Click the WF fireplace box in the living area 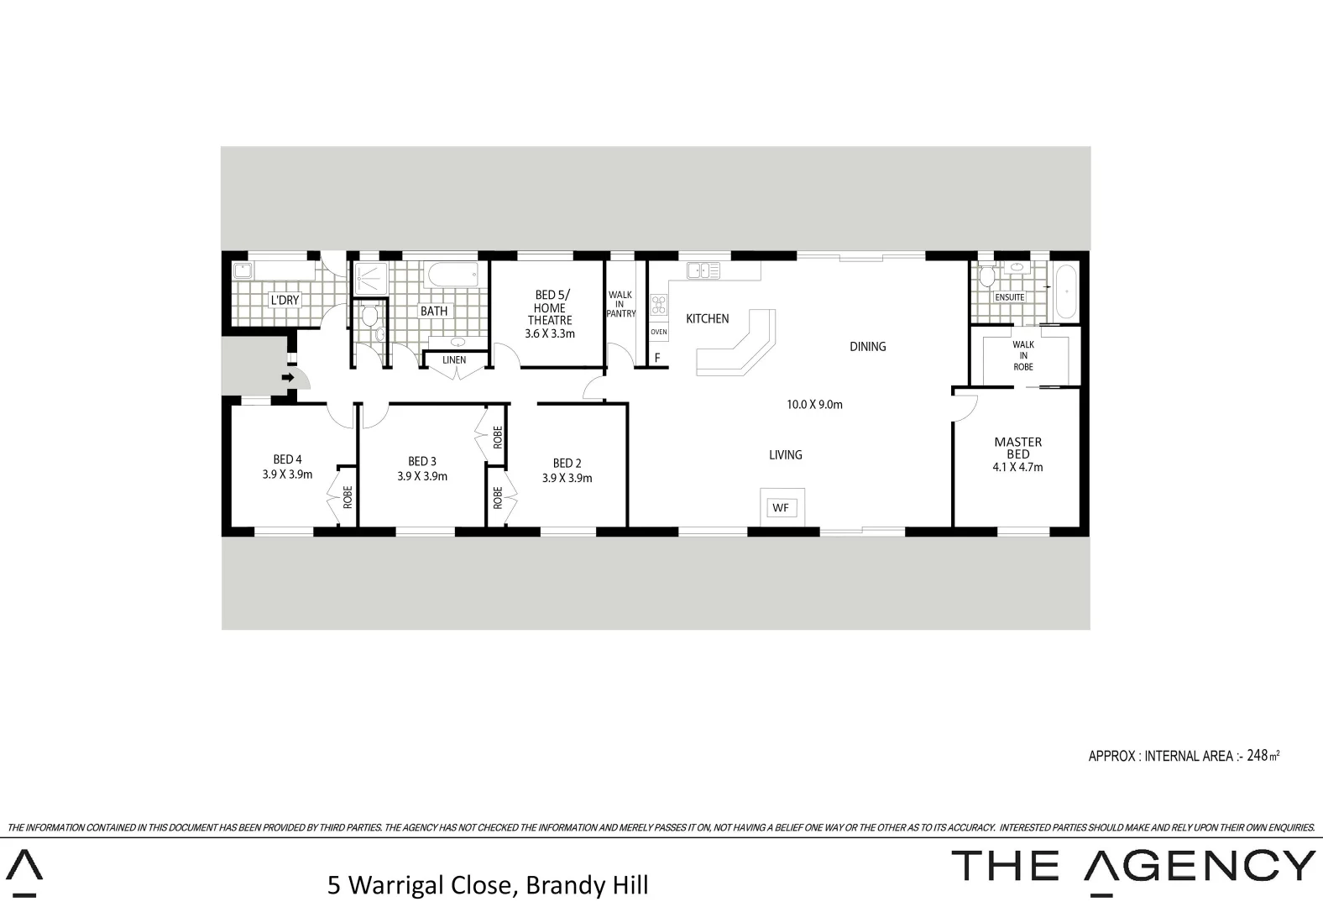click(x=781, y=508)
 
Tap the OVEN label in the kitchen click(x=659, y=332)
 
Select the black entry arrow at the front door click(x=287, y=378)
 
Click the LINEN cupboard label click(x=454, y=360)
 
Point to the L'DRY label click(x=284, y=300)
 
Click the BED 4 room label click(x=287, y=459)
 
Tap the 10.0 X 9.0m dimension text click(x=813, y=405)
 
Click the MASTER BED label click(x=1017, y=448)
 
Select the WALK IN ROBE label click(x=1022, y=355)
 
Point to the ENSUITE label click(x=1009, y=297)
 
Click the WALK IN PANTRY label click(x=620, y=304)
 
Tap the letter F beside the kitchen click(x=657, y=358)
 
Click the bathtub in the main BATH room click(x=453, y=274)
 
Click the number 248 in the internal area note click(x=1257, y=755)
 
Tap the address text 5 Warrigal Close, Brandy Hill click(x=488, y=885)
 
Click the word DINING click(x=867, y=346)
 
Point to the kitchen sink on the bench click(x=703, y=270)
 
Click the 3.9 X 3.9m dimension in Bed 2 click(x=567, y=479)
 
